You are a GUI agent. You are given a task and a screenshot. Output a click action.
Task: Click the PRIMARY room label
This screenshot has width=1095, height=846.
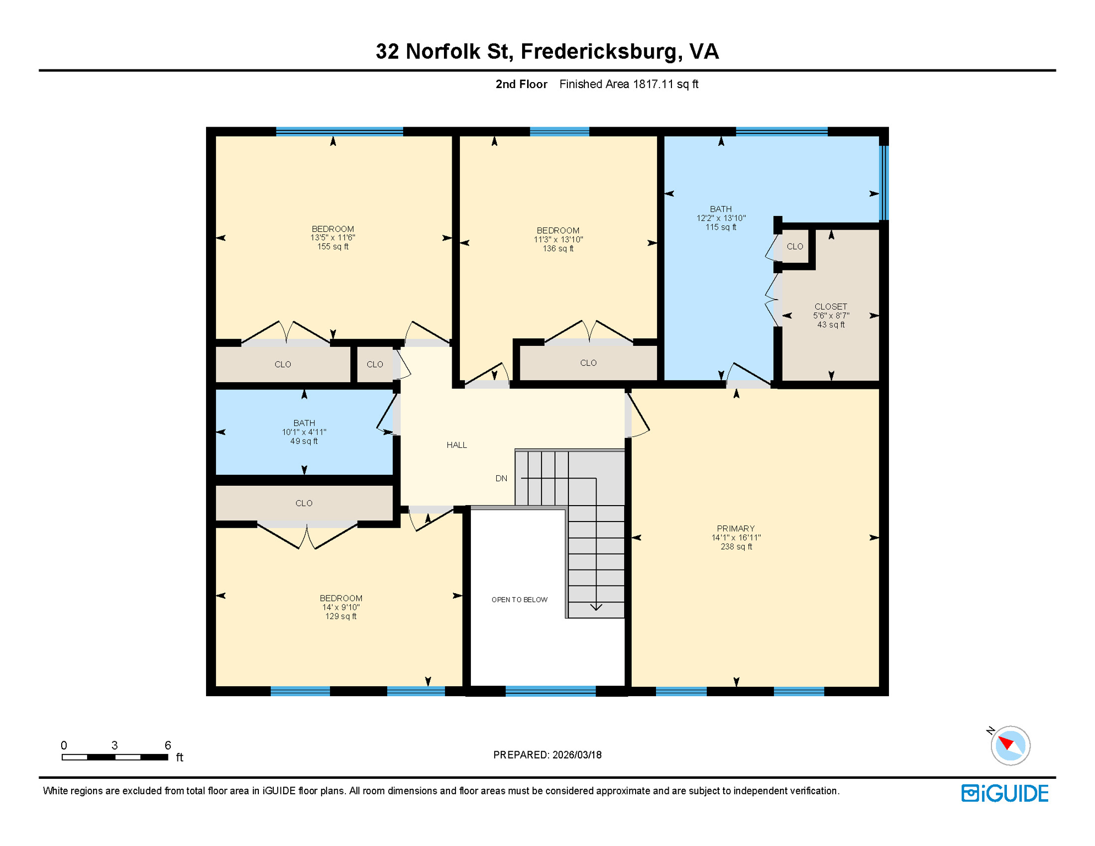tap(736, 537)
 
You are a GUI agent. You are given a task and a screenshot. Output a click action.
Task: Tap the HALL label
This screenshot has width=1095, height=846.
tap(457, 445)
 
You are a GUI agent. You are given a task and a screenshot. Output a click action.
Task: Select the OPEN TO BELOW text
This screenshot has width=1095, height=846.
tap(519, 600)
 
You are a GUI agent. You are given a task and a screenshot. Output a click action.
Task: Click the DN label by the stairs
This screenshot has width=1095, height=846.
tap(501, 478)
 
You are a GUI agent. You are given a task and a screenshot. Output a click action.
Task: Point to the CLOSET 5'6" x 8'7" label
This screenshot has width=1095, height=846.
tap(831, 316)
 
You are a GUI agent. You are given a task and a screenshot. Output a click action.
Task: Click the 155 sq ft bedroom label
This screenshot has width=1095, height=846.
tap(333, 237)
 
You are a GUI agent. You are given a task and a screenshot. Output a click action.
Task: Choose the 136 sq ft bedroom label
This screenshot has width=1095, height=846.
tap(558, 239)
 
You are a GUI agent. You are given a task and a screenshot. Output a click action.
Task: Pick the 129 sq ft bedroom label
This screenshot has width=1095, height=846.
tap(341, 607)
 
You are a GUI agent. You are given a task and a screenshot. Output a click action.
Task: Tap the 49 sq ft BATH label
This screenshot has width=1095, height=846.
tap(304, 432)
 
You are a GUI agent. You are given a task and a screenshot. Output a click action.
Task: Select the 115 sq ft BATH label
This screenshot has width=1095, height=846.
tap(721, 218)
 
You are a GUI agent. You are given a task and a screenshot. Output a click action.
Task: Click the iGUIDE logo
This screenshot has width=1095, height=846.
tap(1005, 793)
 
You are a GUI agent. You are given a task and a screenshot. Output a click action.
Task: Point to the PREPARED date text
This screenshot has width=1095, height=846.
tap(547, 755)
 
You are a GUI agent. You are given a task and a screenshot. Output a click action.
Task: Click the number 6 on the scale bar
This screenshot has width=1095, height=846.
tap(168, 745)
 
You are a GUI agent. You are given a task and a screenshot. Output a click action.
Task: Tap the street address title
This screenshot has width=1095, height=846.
tap(547, 51)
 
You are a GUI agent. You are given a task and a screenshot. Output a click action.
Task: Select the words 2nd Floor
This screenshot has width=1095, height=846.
tap(521, 84)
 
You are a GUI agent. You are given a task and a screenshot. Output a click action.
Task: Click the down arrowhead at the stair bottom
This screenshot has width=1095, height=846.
tap(596, 608)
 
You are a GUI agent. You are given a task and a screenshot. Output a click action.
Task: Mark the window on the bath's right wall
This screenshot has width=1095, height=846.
tap(883, 182)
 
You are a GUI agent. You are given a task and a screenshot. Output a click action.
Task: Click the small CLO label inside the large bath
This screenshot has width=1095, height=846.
tap(795, 247)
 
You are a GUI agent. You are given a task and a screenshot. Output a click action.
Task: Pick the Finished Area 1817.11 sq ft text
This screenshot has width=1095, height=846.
tap(628, 84)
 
